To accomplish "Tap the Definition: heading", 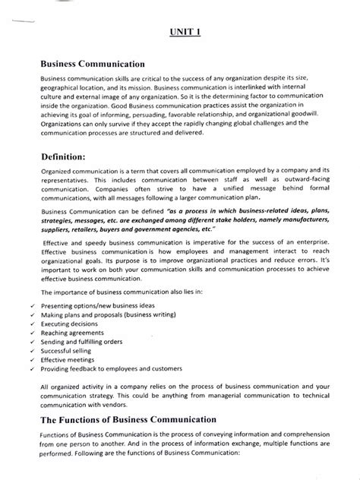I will click(x=72, y=156).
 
